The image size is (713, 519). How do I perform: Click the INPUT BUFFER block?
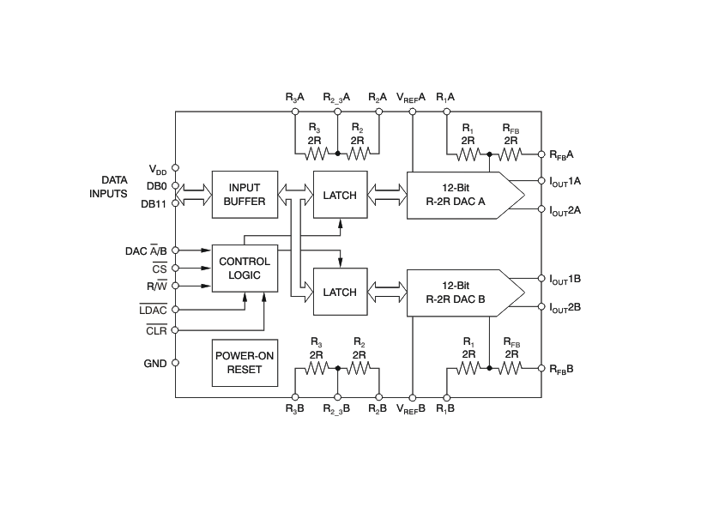click(245, 195)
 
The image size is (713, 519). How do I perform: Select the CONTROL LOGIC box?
click(245, 269)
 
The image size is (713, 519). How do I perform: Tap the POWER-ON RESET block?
click(245, 363)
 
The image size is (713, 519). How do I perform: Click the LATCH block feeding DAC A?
click(340, 195)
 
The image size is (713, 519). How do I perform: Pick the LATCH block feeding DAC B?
click(340, 292)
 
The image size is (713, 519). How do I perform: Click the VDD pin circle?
click(176, 167)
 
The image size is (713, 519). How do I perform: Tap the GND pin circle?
click(176, 363)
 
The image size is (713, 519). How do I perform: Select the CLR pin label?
click(156, 330)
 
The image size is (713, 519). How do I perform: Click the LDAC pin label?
click(153, 310)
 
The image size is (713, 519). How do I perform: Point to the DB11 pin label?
click(154, 204)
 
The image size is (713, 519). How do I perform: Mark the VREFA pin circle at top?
click(413, 112)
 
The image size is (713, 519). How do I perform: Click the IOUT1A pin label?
click(565, 182)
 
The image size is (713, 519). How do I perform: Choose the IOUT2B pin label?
click(565, 308)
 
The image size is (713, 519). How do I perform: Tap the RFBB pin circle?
click(541, 368)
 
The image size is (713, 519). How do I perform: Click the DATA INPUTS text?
click(109, 187)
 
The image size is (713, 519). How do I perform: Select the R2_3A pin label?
click(336, 97)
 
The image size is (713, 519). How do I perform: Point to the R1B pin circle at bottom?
click(446, 398)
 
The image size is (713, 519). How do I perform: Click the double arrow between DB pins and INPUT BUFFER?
click(194, 195)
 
